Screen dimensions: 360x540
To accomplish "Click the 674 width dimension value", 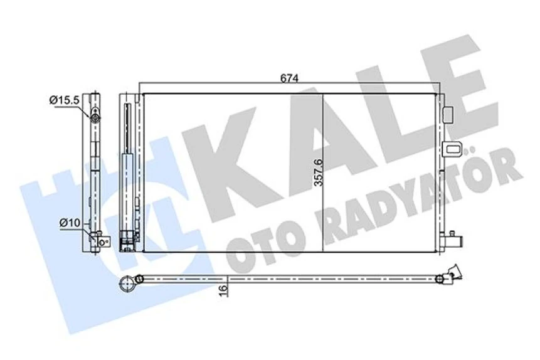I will (289, 78).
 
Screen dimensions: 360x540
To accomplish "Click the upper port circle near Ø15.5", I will (95, 117).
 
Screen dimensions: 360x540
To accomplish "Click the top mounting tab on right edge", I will (447, 114).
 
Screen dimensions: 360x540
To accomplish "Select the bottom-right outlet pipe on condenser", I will (452, 240).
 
